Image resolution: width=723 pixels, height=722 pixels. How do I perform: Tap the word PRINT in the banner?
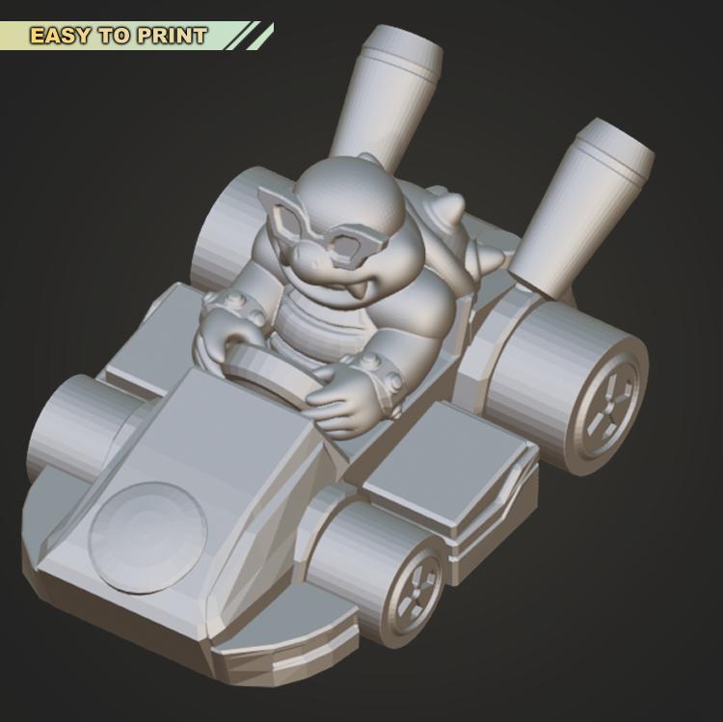[x=172, y=37]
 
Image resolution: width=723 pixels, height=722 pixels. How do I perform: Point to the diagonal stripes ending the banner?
[x=253, y=36]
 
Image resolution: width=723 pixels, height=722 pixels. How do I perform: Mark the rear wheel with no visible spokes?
[x=227, y=227]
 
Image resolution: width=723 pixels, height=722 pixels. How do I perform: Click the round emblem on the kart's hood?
[x=147, y=531]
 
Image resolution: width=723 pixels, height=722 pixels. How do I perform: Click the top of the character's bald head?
[x=347, y=183]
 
